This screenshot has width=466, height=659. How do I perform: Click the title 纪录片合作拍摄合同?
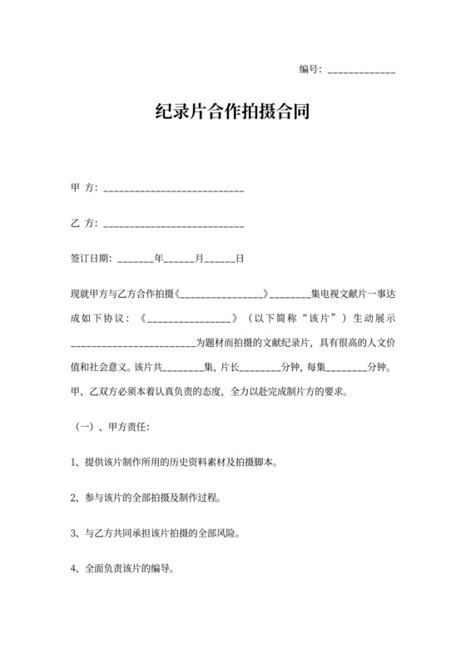[233, 111]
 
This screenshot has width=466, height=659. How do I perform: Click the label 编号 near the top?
[309, 70]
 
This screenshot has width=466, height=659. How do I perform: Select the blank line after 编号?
[362, 72]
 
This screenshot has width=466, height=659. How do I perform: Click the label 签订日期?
[92, 259]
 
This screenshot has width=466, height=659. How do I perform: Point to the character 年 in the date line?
[160, 259]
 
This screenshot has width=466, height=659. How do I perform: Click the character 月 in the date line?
[200, 259]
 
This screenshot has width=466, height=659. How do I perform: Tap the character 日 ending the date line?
[240, 259]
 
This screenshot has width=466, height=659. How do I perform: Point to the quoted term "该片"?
[320, 318]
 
